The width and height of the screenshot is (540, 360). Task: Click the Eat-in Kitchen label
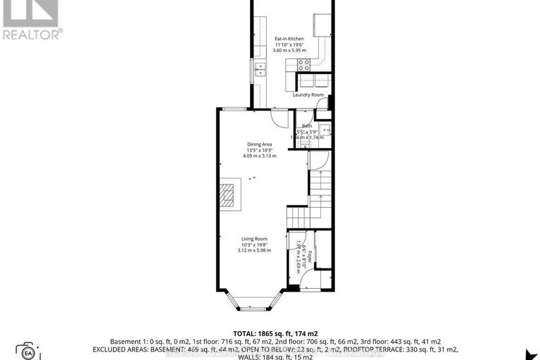coord(289,39)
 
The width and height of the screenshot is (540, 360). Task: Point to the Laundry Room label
coord(308,94)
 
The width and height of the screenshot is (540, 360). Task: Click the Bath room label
coord(308,126)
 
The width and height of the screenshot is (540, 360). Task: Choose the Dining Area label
coord(259,144)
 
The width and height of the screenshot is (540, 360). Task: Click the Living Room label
coord(250,240)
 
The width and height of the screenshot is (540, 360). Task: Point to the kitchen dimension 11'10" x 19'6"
coord(289,45)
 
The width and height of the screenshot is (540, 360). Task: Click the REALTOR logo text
coord(32,32)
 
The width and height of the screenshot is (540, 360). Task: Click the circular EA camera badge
coord(27,352)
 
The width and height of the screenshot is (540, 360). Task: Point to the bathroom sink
coord(324,130)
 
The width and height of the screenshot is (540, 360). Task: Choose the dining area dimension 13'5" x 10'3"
coord(259,150)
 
